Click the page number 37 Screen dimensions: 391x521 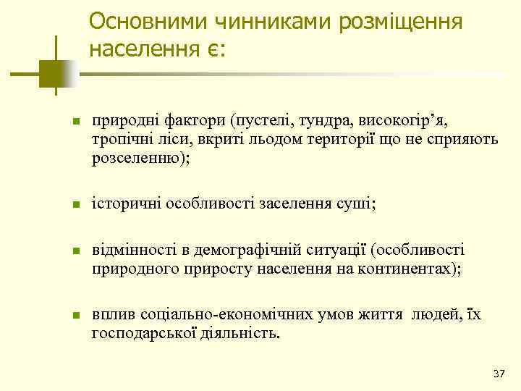pyautogui.click(x=498, y=374)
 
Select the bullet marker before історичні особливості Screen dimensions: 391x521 pyautogui.click(x=76, y=206)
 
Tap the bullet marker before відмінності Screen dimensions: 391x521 pyautogui.click(x=76, y=252)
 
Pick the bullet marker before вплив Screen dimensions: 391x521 pyautogui.click(x=76, y=317)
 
